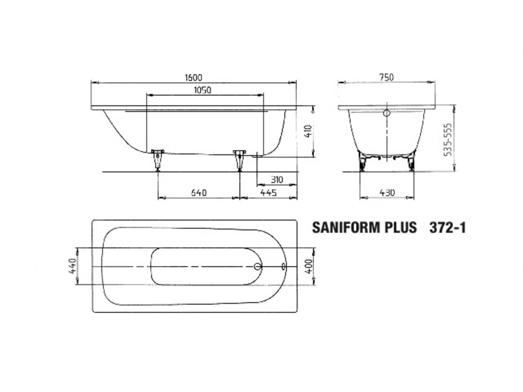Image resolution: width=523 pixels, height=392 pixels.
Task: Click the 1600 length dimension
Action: (x=194, y=78)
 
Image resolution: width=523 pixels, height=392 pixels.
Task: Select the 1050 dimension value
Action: (x=202, y=90)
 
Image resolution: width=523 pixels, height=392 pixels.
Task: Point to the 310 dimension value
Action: (x=277, y=180)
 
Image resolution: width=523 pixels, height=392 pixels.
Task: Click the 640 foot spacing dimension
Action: (x=199, y=193)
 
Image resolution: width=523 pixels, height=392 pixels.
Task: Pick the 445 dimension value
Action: (x=268, y=193)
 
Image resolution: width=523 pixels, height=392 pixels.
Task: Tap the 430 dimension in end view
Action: (x=387, y=193)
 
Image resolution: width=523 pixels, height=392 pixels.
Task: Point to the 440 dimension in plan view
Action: (x=73, y=266)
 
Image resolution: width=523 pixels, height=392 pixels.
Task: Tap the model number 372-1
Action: (x=447, y=228)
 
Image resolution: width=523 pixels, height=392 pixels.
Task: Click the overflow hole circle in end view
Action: (x=387, y=114)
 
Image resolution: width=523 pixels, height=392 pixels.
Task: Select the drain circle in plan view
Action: (x=258, y=267)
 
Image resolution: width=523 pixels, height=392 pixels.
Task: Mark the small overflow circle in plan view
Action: (x=283, y=267)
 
